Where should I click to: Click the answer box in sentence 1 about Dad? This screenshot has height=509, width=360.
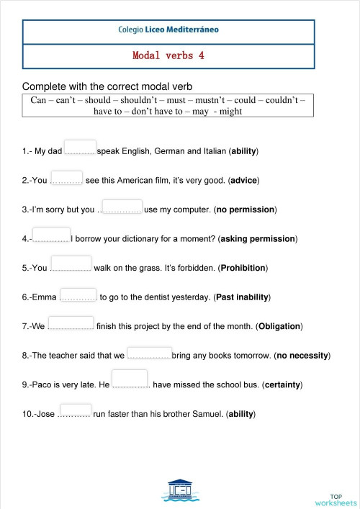click(x=80, y=148)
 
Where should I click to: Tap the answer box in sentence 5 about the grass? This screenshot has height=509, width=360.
click(x=71, y=264)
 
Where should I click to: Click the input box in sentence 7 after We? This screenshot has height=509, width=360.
click(x=71, y=323)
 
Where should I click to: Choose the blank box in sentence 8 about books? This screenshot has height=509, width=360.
click(x=149, y=353)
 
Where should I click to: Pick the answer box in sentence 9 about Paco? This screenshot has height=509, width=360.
click(x=130, y=379)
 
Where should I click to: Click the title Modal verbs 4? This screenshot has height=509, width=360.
click(x=168, y=55)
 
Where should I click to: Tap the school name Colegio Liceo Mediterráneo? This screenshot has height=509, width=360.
click(x=168, y=30)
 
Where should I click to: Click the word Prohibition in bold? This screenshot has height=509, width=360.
click(x=243, y=268)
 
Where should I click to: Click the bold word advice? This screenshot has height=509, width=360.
click(x=243, y=180)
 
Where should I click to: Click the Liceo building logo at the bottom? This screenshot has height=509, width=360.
click(x=180, y=489)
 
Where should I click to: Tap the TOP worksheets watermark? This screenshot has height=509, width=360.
click(x=336, y=500)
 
